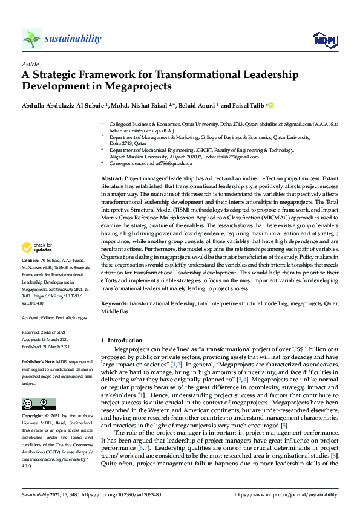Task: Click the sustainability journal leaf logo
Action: coord(31,39)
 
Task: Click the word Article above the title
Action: coord(30,64)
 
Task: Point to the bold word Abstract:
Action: coord(111,180)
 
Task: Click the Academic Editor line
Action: coord(50,316)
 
